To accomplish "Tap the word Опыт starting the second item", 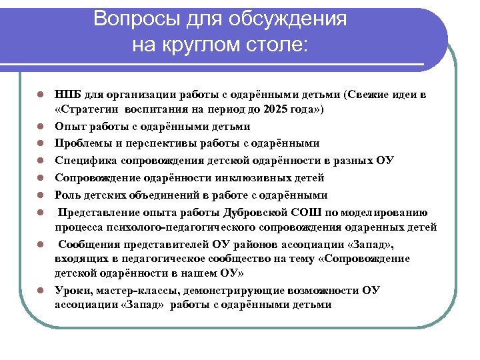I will (x=69, y=126).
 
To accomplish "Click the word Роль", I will (x=67, y=195).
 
